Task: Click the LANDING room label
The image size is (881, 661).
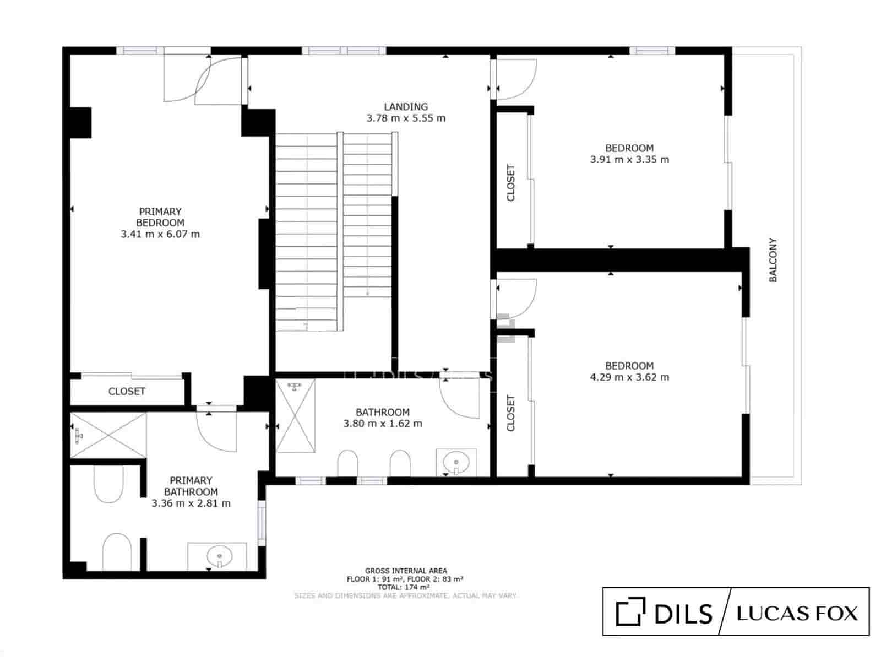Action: click(x=406, y=107)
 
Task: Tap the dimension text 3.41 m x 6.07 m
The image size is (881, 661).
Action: click(x=160, y=234)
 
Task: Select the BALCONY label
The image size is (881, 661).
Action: click(x=773, y=260)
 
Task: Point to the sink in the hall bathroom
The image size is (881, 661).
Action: click(x=456, y=462)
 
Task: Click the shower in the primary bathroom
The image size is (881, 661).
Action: click(x=108, y=435)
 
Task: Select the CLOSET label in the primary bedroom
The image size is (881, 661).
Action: click(x=127, y=391)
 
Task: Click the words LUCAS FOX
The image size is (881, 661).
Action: click(x=797, y=613)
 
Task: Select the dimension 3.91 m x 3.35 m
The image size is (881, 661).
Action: click(x=629, y=160)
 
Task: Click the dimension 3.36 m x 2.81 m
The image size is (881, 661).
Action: click(x=191, y=503)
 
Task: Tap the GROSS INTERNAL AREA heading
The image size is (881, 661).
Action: click(x=406, y=571)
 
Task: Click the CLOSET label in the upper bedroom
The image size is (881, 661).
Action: click(x=510, y=183)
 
